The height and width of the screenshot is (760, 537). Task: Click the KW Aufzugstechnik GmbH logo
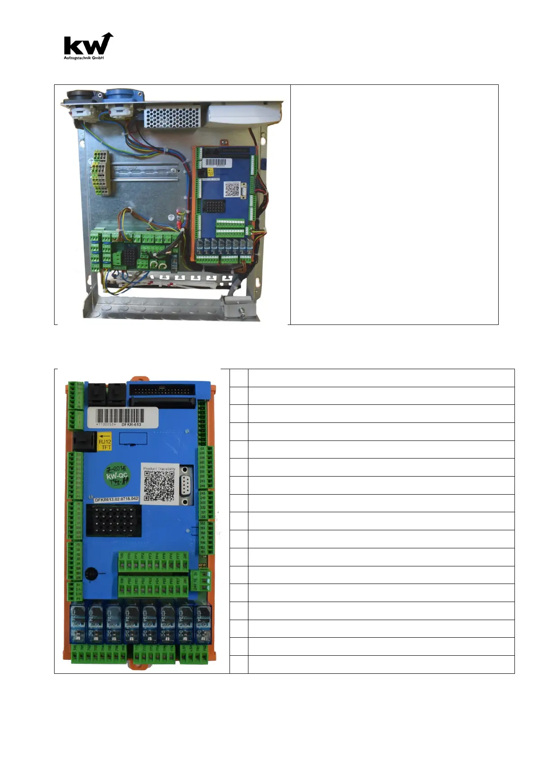coord(88,46)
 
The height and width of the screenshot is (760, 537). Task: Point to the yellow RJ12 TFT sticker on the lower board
coord(105,441)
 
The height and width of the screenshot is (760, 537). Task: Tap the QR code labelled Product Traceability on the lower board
coord(159,486)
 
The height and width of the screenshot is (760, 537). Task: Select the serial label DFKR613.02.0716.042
coord(116,500)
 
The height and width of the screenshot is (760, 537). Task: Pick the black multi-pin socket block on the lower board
coord(114,520)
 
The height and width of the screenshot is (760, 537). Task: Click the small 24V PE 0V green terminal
coord(205,580)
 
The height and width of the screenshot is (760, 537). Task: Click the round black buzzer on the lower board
coord(90,574)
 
